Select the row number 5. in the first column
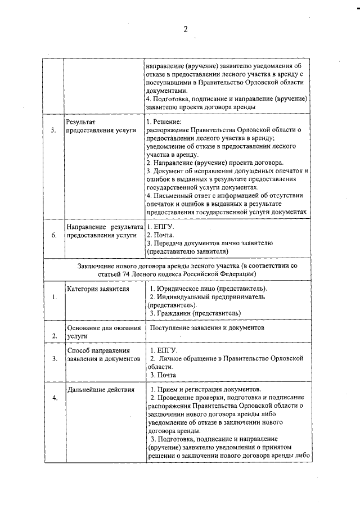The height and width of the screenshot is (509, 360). click(x=53, y=130)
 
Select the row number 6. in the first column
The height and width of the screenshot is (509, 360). click(x=53, y=235)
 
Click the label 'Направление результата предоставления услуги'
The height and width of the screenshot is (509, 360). click(x=101, y=231)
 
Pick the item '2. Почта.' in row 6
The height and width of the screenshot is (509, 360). click(x=160, y=235)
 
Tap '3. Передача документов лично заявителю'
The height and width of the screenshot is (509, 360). click(x=209, y=243)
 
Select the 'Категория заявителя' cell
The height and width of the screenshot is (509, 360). click(x=98, y=289)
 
